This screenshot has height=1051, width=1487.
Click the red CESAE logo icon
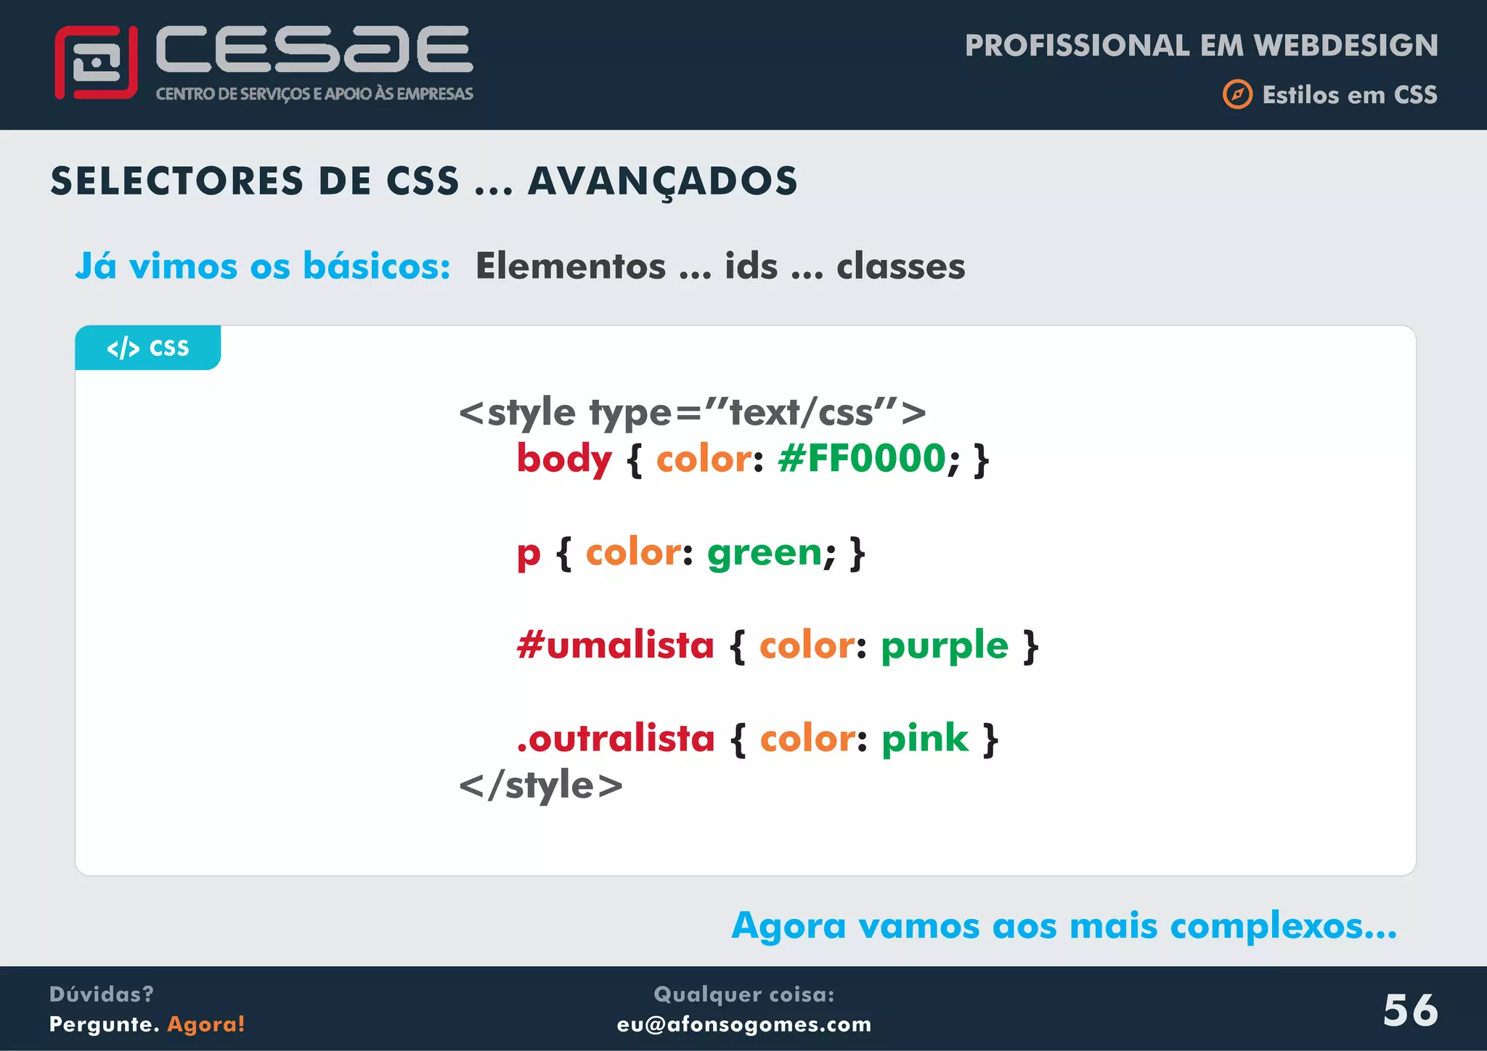[x=96, y=62]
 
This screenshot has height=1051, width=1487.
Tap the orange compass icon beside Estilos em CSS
[x=1237, y=94]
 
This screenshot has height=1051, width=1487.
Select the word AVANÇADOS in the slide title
[x=662, y=181]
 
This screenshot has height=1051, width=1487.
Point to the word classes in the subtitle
[x=900, y=266]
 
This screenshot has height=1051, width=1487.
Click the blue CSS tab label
[x=148, y=348]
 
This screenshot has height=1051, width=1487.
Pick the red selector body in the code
[x=564, y=459]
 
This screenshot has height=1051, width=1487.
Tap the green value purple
[x=945, y=646]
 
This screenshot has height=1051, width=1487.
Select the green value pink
[x=925, y=739]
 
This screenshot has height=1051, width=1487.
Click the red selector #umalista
[x=616, y=645]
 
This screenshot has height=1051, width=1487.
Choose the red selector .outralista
[x=616, y=739]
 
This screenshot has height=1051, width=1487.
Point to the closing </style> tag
[x=541, y=785]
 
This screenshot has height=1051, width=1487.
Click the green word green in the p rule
[x=765, y=552]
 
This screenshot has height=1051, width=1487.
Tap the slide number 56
[x=1410, y=1010]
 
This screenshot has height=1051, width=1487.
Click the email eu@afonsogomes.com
[x=743, y=1024]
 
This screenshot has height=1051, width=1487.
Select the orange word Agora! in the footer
[x=206, y=1024]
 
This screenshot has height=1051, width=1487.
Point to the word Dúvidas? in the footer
[x=102, y=994]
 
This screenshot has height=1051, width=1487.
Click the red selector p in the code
[x=529, y=554]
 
